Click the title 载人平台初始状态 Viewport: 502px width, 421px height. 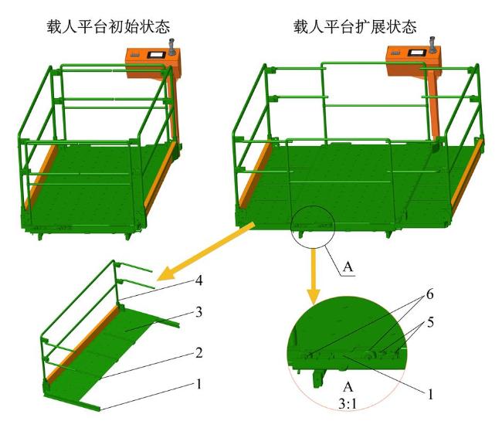108,26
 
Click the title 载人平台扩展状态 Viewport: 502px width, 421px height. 355,26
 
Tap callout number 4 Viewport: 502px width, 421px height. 198,280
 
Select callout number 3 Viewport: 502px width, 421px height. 198,312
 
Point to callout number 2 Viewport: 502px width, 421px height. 198,353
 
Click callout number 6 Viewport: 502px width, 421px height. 429,294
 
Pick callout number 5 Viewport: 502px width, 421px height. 430,322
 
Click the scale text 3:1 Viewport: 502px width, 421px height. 348,404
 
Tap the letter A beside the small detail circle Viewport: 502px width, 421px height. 348,267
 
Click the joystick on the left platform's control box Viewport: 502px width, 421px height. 172,47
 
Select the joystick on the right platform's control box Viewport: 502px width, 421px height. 432,45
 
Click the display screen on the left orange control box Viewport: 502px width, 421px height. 156,54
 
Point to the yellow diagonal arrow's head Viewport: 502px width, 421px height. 166,274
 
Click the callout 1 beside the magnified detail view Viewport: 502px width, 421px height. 430,394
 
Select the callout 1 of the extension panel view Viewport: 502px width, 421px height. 198,384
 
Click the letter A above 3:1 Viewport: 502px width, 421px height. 348,387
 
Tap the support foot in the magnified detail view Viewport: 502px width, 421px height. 319,378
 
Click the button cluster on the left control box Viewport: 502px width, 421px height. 135,55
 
